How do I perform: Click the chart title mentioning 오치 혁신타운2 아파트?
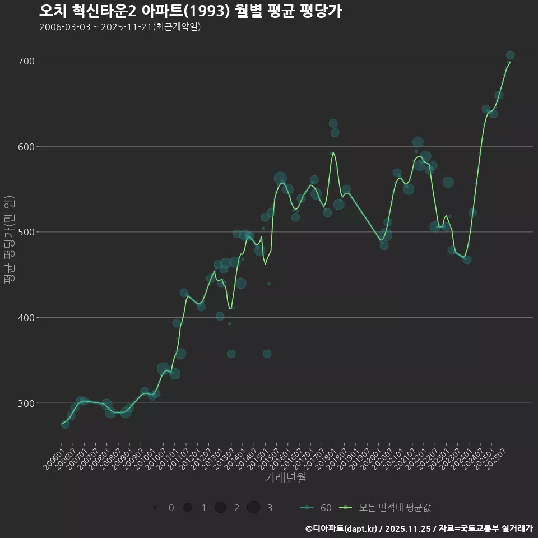click(x=191, y=11)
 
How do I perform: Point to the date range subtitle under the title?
click(x=120, y=27)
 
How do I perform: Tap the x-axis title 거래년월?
click(x=285, y=478)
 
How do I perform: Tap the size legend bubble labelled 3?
click(x=253, y=508)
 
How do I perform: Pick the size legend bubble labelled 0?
click(x=154, y=508)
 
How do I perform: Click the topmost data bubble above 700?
click(x=510, y=55)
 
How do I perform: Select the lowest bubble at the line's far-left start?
click(x=66, y=424)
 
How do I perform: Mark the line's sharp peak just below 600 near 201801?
click(x=333, y=152)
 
